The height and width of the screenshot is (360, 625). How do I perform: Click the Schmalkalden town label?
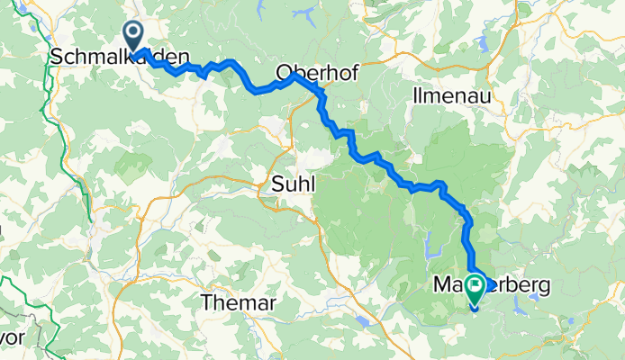click(x=121, y=57)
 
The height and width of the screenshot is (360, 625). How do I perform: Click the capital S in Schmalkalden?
click(x=57, y=57)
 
